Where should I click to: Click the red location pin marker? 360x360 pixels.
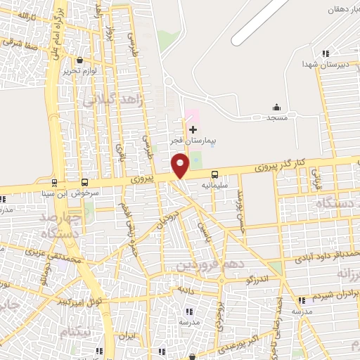[181, 165]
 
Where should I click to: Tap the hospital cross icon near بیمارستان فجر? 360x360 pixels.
[193, 129]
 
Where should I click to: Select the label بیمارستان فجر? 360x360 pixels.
[195, 141]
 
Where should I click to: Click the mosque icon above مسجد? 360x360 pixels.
[276, 108]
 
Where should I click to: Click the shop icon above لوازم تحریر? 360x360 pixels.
[79, 60]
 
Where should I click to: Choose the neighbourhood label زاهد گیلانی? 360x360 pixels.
[114, 101]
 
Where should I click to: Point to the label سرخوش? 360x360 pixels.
[96, 191]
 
